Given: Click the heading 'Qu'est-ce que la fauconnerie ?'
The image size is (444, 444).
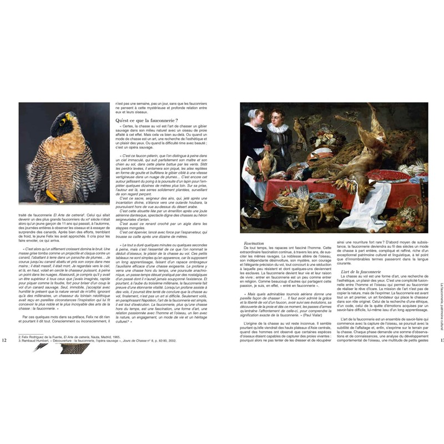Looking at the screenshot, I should coord(147,120).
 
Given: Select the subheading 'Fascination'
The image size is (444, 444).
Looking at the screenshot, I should coord(254,243).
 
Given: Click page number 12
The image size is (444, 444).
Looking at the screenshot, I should coord(5,340).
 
